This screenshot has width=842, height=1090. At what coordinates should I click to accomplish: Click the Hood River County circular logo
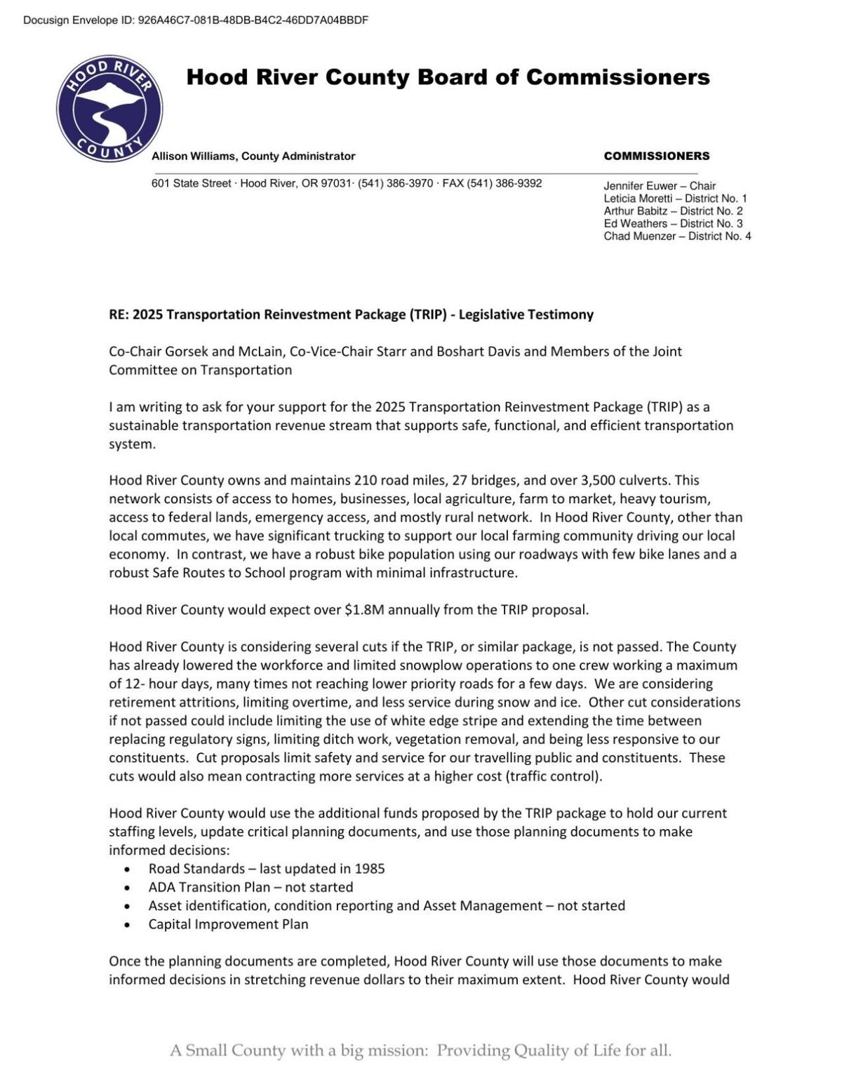pos(109,109)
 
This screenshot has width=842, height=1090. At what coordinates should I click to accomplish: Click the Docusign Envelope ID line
pos(196,20)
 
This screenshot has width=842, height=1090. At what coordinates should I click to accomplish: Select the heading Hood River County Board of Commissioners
pos(448,77)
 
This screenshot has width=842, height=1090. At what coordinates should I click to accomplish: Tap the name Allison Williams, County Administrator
pos(253,157)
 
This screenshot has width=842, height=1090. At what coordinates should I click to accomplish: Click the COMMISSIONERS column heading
pos(656,157)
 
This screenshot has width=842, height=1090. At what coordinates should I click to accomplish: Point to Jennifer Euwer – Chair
pos(659,186)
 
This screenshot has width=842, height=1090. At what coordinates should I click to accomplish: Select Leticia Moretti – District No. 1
pos(675,199)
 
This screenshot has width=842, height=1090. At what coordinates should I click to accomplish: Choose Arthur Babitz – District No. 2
pos(673,211)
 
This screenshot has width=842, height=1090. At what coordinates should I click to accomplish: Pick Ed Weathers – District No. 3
pos(673,224)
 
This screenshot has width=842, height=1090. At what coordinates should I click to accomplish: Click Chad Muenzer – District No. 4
pos(677,237)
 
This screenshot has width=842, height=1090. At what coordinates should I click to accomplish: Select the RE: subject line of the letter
pos(351,314)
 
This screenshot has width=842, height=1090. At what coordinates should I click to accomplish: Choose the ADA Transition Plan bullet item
pos(250,887)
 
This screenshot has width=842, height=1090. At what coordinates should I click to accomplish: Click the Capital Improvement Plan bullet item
pos(228,924)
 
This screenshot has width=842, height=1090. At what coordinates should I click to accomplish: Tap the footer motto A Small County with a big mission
pos(420,1051)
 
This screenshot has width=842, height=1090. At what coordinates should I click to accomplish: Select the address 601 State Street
pos(191,184)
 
